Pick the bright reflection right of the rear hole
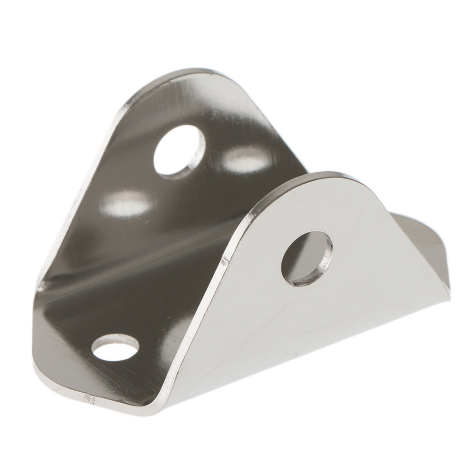[x=245, y=159]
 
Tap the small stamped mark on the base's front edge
[x=89, y=396]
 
